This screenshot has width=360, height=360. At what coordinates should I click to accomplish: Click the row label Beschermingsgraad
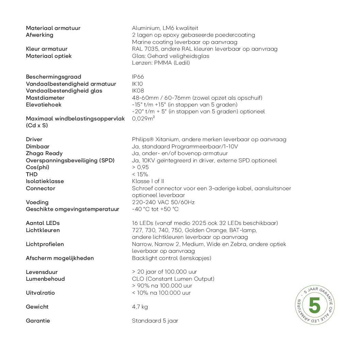[x=53, y=77]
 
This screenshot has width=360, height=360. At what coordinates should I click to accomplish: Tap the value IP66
[x=138, y=77]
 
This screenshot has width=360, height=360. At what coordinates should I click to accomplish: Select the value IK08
[x=138, y=91]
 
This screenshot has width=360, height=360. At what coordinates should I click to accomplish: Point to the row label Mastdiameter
[x=45, y=98]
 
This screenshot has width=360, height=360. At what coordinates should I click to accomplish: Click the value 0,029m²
[x=144, y=119]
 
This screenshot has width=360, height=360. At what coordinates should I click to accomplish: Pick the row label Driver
[x=34, y=140]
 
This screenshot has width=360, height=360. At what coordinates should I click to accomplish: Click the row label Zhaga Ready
[x=44, y=153]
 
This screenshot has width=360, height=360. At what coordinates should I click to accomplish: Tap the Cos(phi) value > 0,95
[x=140, y=167]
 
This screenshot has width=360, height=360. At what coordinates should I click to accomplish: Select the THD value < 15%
[x=140, y=175]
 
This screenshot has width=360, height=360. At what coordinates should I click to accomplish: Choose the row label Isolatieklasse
[x=45, y=181]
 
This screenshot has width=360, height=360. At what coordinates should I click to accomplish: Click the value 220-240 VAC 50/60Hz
[x=163, y=202]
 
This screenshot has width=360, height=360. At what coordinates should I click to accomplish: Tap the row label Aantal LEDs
[x=43, y=223]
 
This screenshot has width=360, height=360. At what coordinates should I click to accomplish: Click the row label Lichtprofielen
[x=45, y=244]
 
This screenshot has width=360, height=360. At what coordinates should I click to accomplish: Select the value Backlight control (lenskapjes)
[x=171, y=258]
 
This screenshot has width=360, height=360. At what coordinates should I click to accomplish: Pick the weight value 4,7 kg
[x=140, y=307]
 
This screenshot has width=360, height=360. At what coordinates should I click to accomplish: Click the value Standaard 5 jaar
[x=155, y=321]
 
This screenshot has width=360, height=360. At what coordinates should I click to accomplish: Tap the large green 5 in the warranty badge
[x=314, y=305]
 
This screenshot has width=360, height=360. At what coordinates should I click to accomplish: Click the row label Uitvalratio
[x=40, y=293]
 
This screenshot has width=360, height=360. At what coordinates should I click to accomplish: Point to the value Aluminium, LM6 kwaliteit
[x=165, y=28]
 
